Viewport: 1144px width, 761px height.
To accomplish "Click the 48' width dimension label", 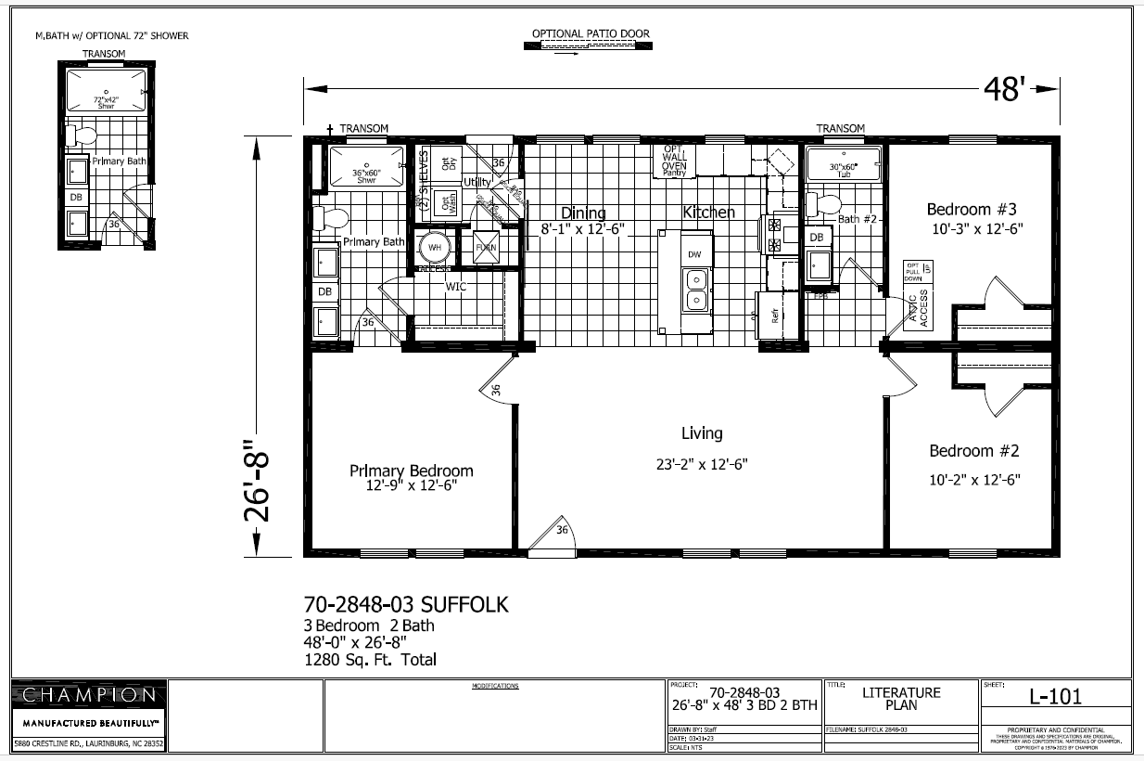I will [x=1005, y=89].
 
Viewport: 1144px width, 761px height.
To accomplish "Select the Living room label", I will [x=701, y=433].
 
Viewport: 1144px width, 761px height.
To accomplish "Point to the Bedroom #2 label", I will [x=973, y=451].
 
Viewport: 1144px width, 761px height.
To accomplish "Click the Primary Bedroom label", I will [x=411, y=471].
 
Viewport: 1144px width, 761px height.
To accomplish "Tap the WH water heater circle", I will [x=435, y=248].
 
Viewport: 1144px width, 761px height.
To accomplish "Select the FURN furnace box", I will [x=486, y=248].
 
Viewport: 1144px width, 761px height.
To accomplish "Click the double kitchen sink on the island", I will [x=694, y=289].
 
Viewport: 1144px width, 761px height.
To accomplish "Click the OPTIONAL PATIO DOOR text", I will [x=591, y=34].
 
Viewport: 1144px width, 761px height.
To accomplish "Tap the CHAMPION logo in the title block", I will [x=89, y=695].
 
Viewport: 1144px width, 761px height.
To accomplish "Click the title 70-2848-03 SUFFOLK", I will [x=406, y=605].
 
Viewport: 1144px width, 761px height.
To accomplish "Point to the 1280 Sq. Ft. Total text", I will [x=370, y=660].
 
